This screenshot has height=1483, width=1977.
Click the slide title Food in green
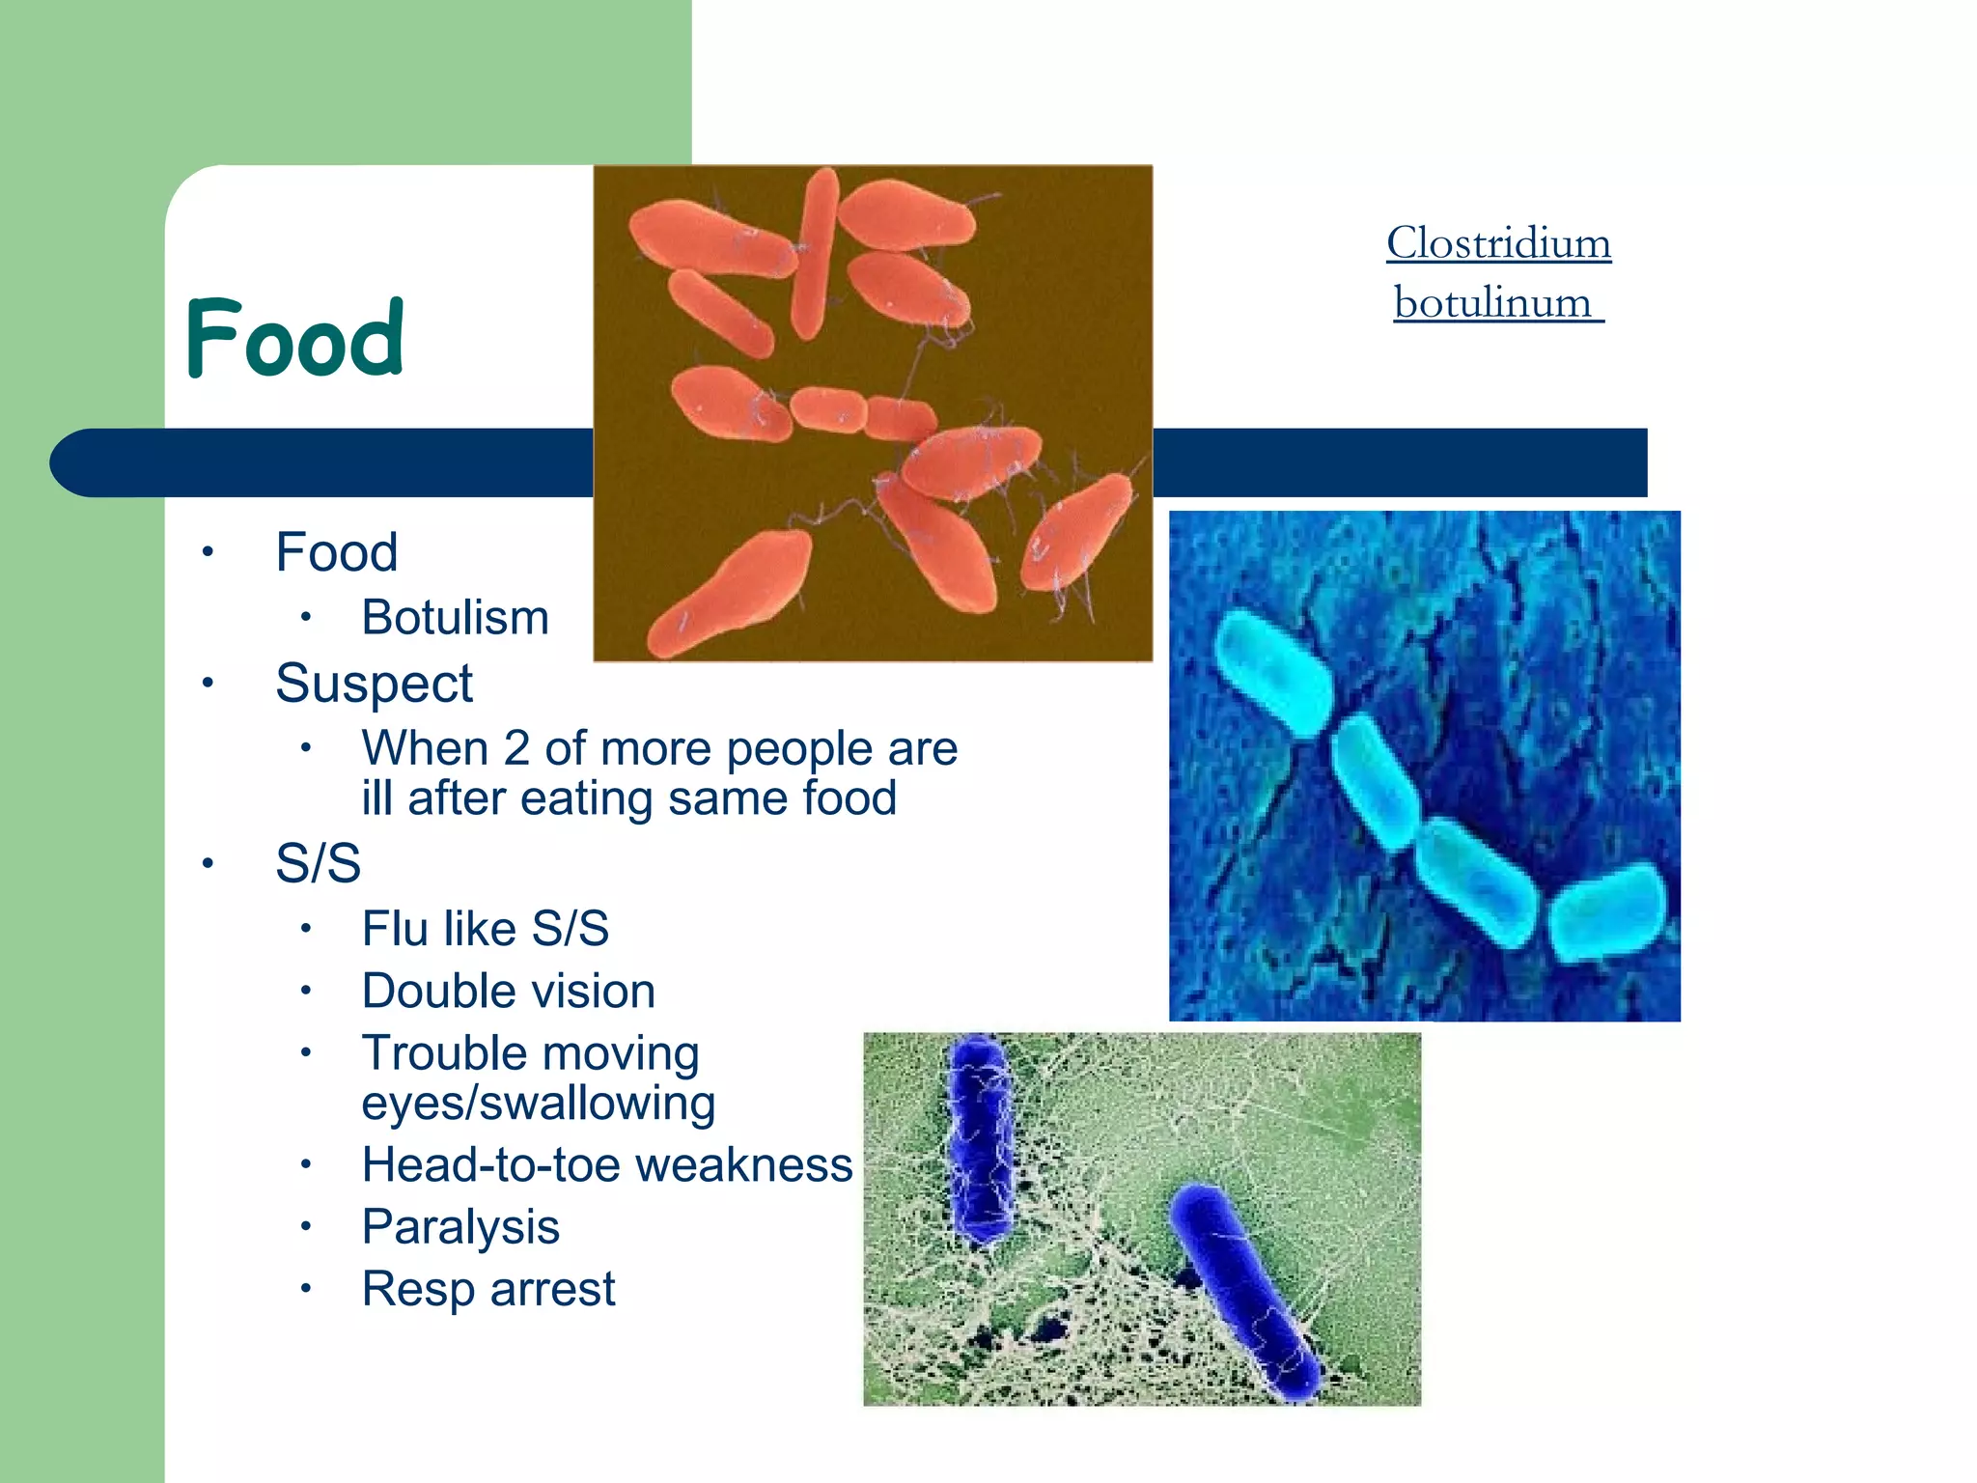coord(294,338)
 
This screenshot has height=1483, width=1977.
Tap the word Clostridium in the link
coord(1498,242)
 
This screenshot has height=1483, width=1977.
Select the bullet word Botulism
coord(455,617)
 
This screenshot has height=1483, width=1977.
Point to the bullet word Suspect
coord(374,684)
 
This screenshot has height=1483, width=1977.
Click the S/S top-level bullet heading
coord(318,862)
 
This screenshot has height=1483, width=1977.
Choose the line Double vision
coord(508,991)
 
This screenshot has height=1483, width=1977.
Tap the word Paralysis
coord(460,1226)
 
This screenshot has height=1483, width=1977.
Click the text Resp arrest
coord(487,1288)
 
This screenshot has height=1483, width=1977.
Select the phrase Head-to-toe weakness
coord(606,1164)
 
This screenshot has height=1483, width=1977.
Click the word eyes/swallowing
coord(538,1103)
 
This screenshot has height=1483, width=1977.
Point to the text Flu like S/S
coord(485,928)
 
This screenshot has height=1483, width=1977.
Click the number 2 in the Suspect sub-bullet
coord(516,748)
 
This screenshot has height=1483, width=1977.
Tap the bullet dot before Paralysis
coord(305,1227)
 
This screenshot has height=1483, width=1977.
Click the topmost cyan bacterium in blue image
coord(1272,673)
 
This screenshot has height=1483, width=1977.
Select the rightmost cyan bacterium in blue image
coord(1607,912)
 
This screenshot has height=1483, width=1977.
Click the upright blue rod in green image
coord(981,1139)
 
